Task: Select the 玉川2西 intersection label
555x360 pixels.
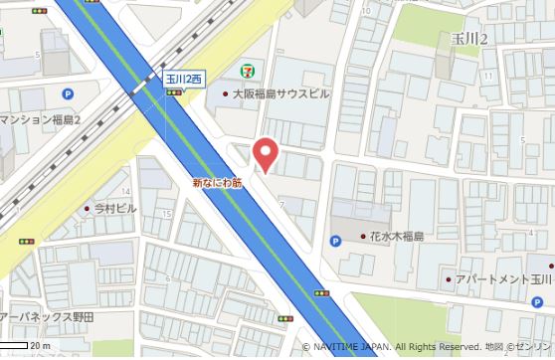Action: coord(183,77)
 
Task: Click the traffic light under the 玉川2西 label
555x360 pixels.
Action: coord(174,92)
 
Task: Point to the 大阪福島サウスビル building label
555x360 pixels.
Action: coord(281,94)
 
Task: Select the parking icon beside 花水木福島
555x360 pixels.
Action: coord(335,240)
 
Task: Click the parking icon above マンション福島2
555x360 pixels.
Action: coord(68,94)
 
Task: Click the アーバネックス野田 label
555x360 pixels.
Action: coord(47,316)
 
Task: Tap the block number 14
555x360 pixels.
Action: coord(126,191)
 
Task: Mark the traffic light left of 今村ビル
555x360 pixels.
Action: coord(27,242)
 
